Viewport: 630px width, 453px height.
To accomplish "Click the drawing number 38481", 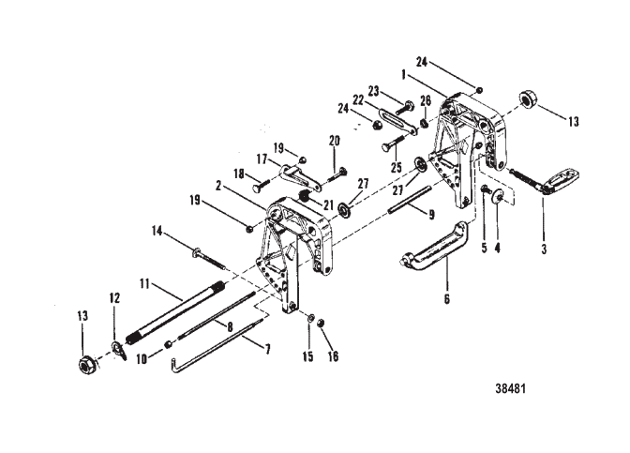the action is pyautogui.click(x=510, y=388).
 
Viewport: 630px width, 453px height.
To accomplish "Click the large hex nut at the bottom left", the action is pyautogui.click(x=85, y=365).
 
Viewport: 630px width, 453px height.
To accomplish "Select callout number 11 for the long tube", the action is pyautogui.click(x=144, y=284).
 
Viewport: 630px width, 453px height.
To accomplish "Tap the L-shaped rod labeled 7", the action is pyautogui.click(x=217, y=345).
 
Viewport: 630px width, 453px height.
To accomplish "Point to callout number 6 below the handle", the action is pyautogui.click(x=447, y=299).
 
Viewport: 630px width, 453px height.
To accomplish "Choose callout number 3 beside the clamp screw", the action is pyautogui.click(x=544, y=249).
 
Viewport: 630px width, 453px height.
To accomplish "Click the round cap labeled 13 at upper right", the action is pyautogui.click(x=526, y=99).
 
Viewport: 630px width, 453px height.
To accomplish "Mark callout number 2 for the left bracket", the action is pyautogui.click(x=218, y=186).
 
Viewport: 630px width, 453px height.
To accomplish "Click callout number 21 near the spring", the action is pyautogui.click(x=328, y=205).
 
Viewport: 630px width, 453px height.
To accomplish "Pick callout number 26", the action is pyautogui.click(x=426, y=100).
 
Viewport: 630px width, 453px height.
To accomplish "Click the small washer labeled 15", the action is pyautogui.click(x=310, y=318).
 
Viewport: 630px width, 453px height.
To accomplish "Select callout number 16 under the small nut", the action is pyautogui.click(x=333, y=356).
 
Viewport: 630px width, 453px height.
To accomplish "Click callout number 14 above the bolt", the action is pyautogui.click(x=157, y=231).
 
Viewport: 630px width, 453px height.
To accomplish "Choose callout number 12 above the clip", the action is pyautogui.click(x=114, y=298).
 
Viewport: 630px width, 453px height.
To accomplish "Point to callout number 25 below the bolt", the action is pyautogui.click(x=397, y=167).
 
